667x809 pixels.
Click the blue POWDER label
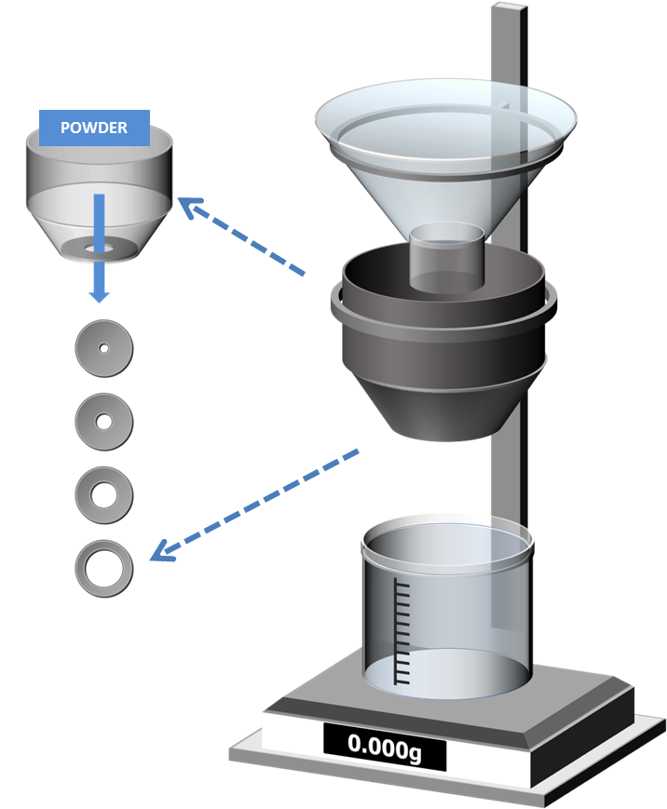click(94, 128)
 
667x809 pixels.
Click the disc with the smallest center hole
click(103, 348)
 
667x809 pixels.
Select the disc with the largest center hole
click(103, 565)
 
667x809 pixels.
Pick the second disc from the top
click(103, 421)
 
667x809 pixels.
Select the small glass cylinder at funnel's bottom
click(447, 256)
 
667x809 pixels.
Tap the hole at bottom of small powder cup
click(100, 248)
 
